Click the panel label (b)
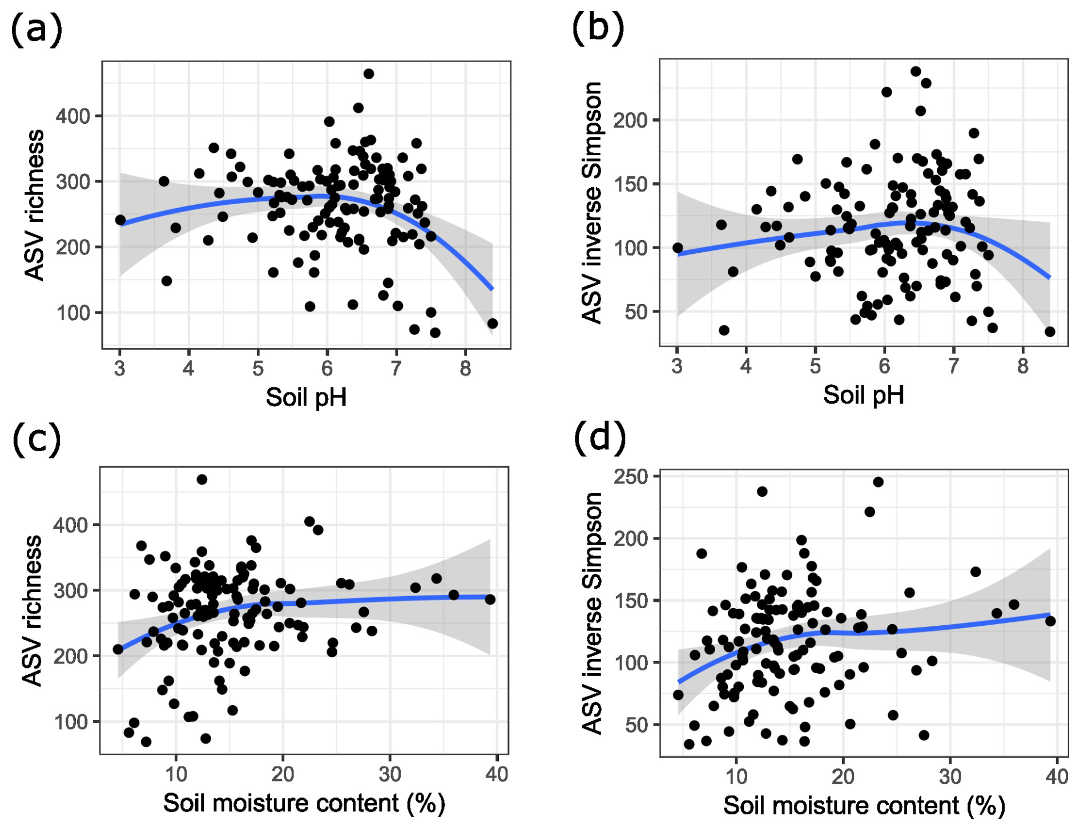pyautogui.click(x=597, y=27)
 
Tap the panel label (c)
pyautogui.click(x=36, y=439)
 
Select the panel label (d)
pyautogui.click(x=599, y=438)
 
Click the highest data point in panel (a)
pyautogui.click(x=369, y=74)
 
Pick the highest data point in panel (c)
pyautogui.click(x=202, y=480)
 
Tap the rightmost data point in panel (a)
pyautogui.click(x=493, y=323)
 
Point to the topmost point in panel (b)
pyautogui.click(x=916, y=71)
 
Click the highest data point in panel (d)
pyautogui.click(x=878, y=482)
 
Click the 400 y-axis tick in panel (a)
pyautogui.click(x=72, y=116)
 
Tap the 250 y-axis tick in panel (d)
pyautogui.click(x=631, y=476)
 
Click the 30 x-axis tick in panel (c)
pyautogui.click(x=390, y=775)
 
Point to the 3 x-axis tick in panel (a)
pyautogui.click(x=119, y=369)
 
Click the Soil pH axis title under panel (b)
pyautogui.click(x=863, y=395)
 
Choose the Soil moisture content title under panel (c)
pyautogui.click(x=304, y=803)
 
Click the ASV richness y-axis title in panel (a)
pyautogui.click(x=34, y=205)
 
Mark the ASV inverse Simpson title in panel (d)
pyautogui.click(x=593, y=613)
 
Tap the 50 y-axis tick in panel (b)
pyautogui.click(x=636, y=312)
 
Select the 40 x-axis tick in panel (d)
pyautogui.click(x=1057, y=776)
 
